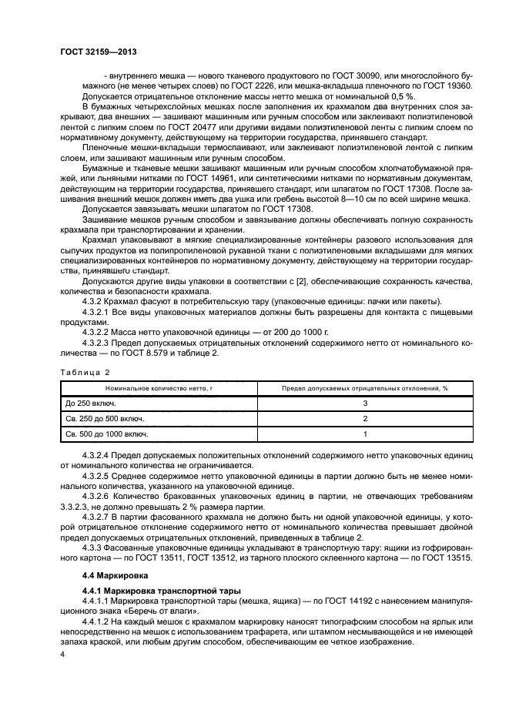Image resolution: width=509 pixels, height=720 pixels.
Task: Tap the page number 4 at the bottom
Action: (x=62, y=653)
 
